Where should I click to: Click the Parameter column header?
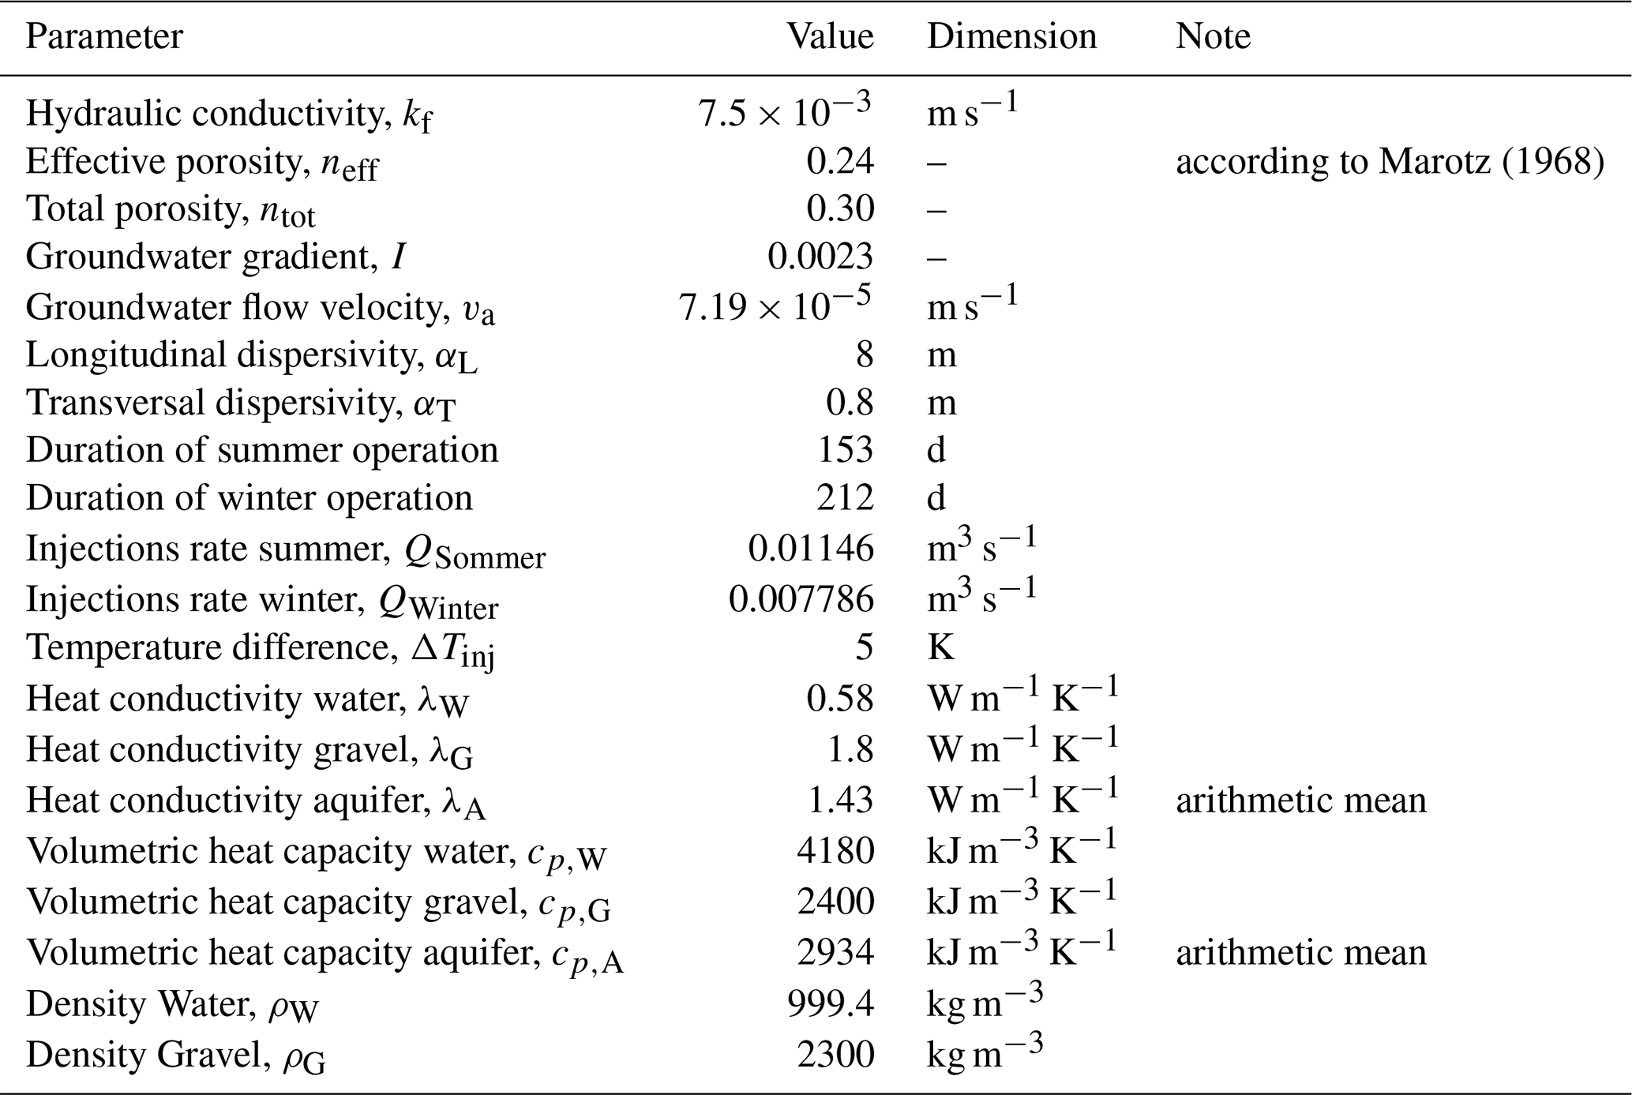(x=104, y=37)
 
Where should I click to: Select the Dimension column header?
(x=1011, y=37)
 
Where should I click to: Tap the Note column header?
(x=1213, y=37)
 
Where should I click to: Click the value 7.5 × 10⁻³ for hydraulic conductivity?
(x=783, y=112)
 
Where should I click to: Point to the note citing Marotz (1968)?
(x=1390, y=162)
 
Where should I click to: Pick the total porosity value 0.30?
(x=839, y=209)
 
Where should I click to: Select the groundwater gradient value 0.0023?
(x=820, y=257)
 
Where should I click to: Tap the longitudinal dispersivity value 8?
(x=864, y=354)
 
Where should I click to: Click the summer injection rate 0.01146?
(x=811, y=549)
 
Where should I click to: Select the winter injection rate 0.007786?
(x=801, y=599)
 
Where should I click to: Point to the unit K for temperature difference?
(x=940, y=647)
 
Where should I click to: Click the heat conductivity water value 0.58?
(x=839, y=699)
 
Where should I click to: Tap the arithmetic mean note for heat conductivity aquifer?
(x=1301, y=801)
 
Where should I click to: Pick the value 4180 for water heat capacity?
(x=835, y=851)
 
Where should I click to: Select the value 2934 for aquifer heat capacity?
(x=835, y=952)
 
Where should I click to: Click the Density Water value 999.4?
(x=831, y=1004)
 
